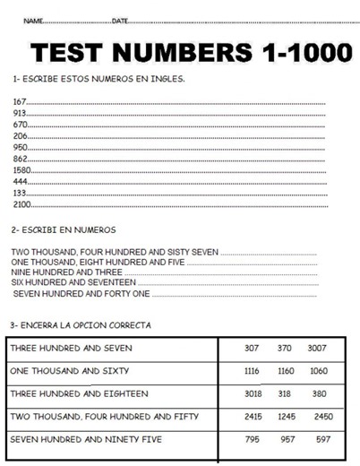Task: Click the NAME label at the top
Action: (x=33, y=20)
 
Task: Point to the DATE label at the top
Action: (x=121, y=20)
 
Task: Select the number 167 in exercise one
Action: (x=20, y=101)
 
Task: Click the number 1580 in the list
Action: (x=22, y=168)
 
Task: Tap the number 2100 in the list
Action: (x=22, y=203)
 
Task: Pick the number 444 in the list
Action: (x=21, y=180)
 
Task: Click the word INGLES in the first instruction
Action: (x=168, y=78)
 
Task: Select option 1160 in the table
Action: (x=285, y=370)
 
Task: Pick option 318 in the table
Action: (x=285, y=393)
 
